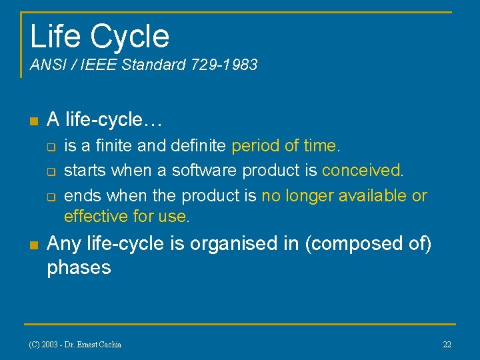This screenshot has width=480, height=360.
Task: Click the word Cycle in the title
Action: (x=130, y=36)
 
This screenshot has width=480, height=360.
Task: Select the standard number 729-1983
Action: (x=223, y=65)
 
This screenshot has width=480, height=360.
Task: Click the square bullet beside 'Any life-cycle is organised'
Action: (x=33, y=245)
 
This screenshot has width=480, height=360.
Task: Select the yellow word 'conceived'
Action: (x=361, y=171)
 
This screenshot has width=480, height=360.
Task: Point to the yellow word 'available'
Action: (x=373, y=196)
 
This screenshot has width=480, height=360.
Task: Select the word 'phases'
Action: (x=79, y=268)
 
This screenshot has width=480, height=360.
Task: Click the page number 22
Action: (x=447, y=344)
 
